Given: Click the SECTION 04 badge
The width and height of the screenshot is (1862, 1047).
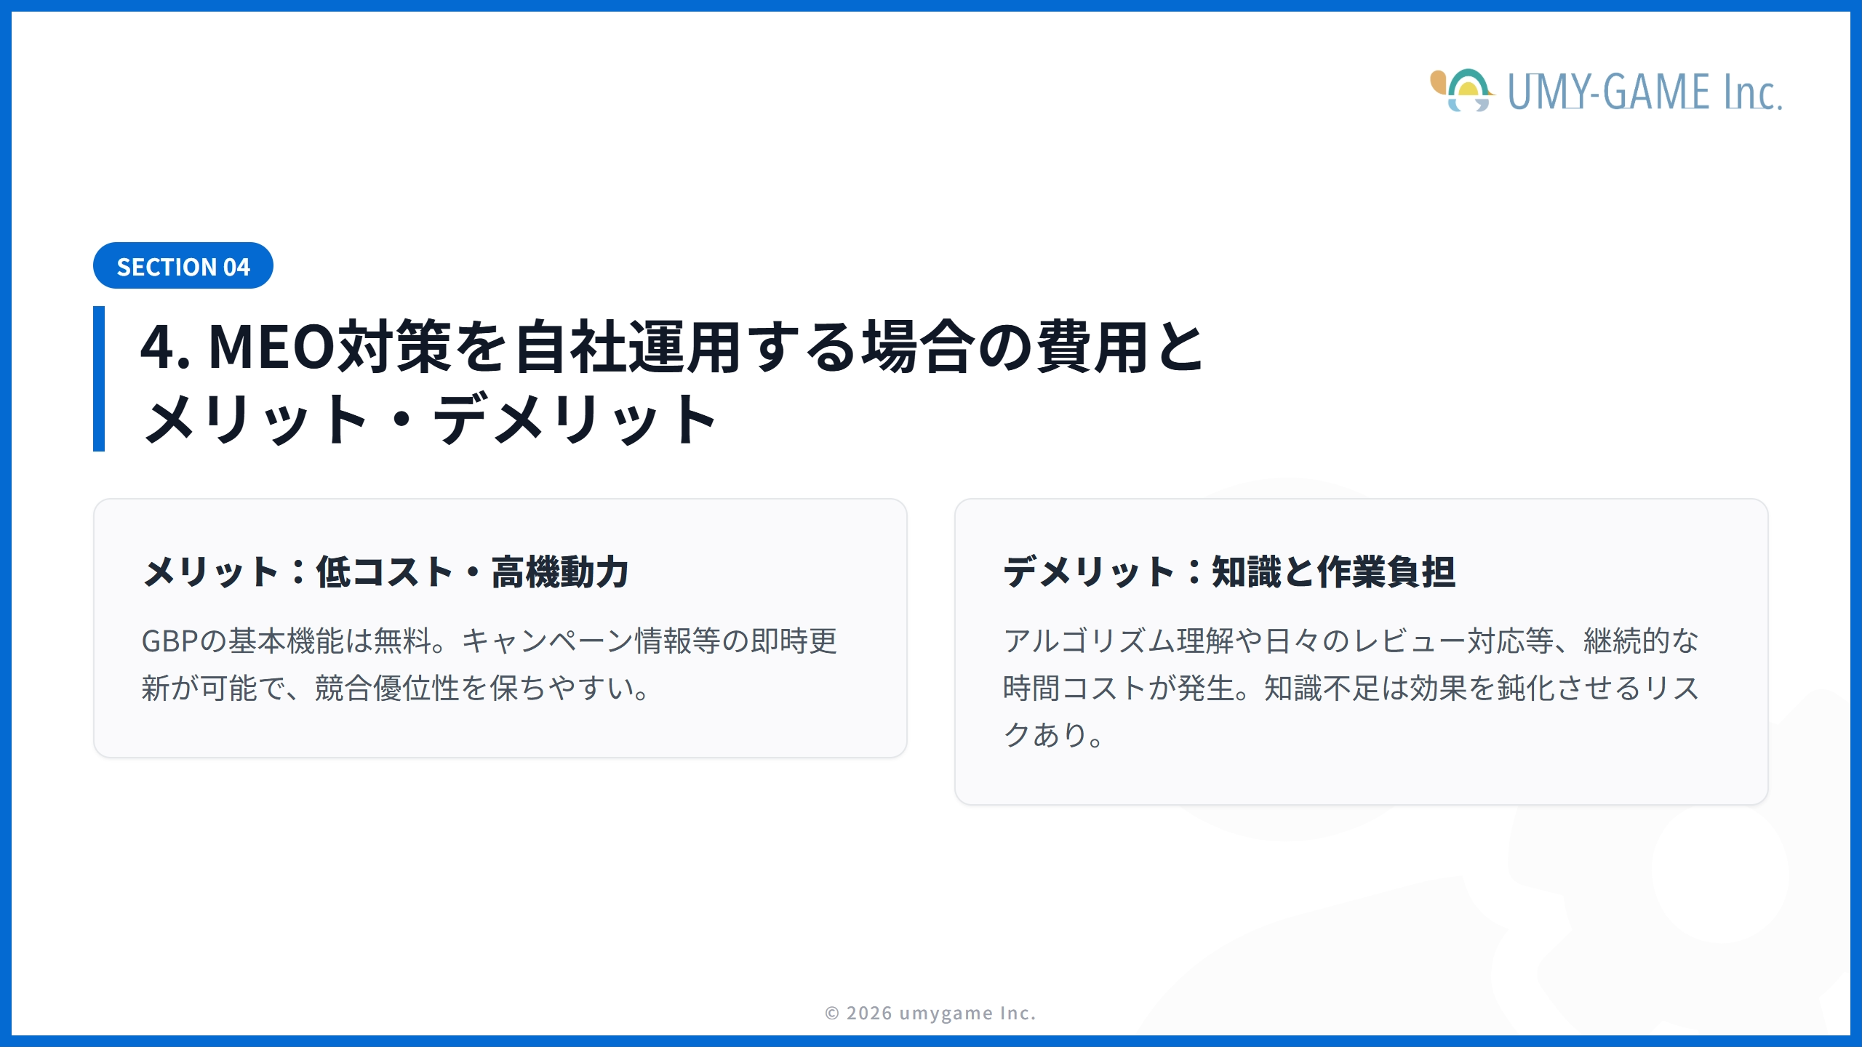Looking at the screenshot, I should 183,266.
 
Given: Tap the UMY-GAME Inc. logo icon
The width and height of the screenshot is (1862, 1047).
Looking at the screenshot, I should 1462,91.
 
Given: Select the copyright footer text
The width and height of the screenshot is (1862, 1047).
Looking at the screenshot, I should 930,1013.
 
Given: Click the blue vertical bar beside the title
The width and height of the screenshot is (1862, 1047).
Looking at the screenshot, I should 99,378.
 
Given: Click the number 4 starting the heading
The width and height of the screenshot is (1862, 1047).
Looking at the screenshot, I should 158,347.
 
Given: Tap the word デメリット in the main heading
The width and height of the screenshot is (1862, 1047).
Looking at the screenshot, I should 575,420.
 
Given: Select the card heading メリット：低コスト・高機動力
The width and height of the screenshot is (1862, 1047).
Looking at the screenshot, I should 385,571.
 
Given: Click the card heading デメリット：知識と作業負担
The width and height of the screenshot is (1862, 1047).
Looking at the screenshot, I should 1229,571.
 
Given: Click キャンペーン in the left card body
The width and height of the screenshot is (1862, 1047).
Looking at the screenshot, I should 547,641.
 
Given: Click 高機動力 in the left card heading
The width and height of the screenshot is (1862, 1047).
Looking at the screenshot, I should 560,571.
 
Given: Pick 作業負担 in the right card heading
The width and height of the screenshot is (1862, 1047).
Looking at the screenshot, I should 1386,571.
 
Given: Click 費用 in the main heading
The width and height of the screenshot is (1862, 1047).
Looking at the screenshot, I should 1092,347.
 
